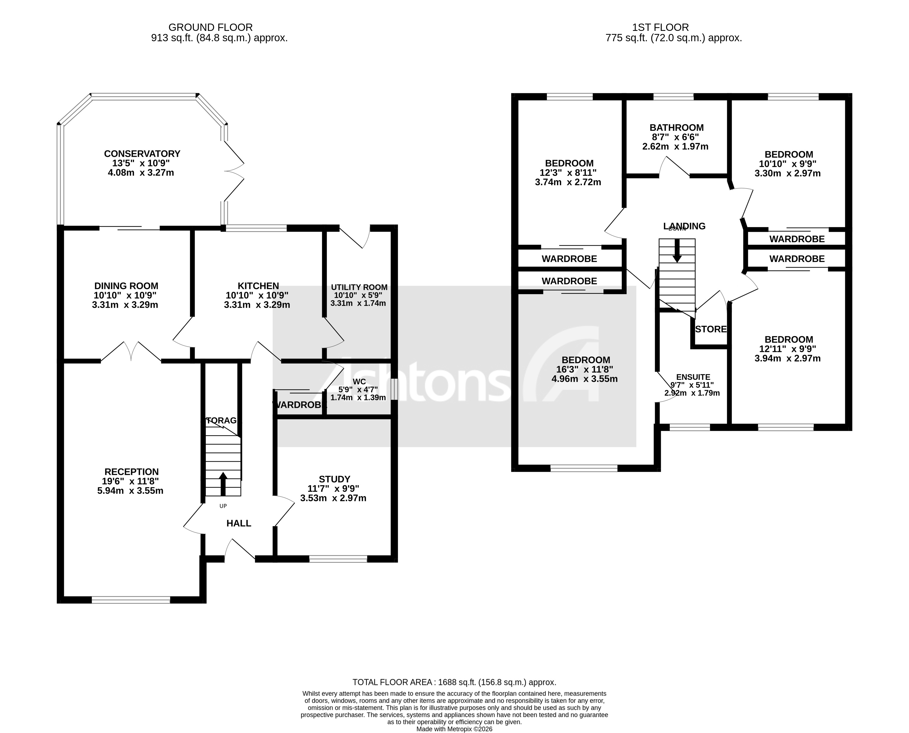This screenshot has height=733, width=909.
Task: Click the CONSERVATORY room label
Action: [x=142, y=154]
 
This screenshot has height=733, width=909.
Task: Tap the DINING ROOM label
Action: [x=126, y=286]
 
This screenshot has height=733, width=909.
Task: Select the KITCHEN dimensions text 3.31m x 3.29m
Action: [x=257, y=305]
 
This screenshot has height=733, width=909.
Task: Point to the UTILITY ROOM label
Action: [x=359, y=287]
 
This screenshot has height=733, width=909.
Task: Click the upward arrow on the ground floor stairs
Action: [x=223, y=484]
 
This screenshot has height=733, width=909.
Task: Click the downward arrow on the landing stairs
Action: [x=677, y=250]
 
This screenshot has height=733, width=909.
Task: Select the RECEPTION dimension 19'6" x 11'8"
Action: [x=130, y=481]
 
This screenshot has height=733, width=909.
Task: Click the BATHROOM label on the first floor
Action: [x=677, y=128]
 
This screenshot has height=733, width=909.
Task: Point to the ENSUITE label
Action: [x=693, y=377]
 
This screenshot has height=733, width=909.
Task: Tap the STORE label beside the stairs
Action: [x=711, y=329]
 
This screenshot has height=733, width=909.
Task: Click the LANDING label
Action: [x=685, y=226]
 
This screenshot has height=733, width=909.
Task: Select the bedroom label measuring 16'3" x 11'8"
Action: [x=586, y=360]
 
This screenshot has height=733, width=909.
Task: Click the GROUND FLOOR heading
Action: [x=210, y=27]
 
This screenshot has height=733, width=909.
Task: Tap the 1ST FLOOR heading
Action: [x=660, y=27]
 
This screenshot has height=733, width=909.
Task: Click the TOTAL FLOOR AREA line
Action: [x=454, y=682]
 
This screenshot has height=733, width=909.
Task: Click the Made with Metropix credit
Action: [x=454, y=729]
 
